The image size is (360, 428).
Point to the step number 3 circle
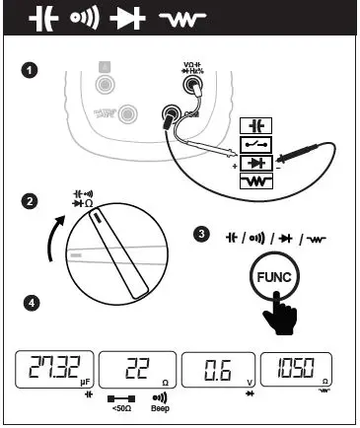coord(202,234)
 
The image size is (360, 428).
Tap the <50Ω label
coord(123,406)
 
